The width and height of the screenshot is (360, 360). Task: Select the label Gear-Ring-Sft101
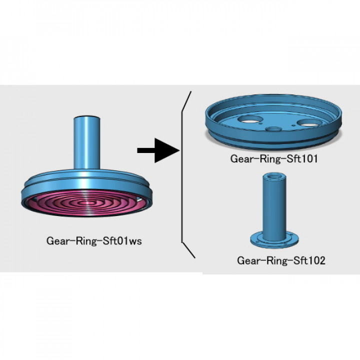tap(274, 159)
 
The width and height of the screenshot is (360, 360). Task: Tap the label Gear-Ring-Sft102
tap(281, 260)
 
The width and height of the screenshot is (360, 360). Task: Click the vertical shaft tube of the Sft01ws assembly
tap(87, 142)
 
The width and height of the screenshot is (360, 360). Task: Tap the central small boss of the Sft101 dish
tap(273, 128)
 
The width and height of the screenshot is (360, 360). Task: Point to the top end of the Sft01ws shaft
tap(87, 118)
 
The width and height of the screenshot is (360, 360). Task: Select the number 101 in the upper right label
tap(310, 159)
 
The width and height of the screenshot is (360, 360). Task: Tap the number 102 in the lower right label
tap(316, 260)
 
